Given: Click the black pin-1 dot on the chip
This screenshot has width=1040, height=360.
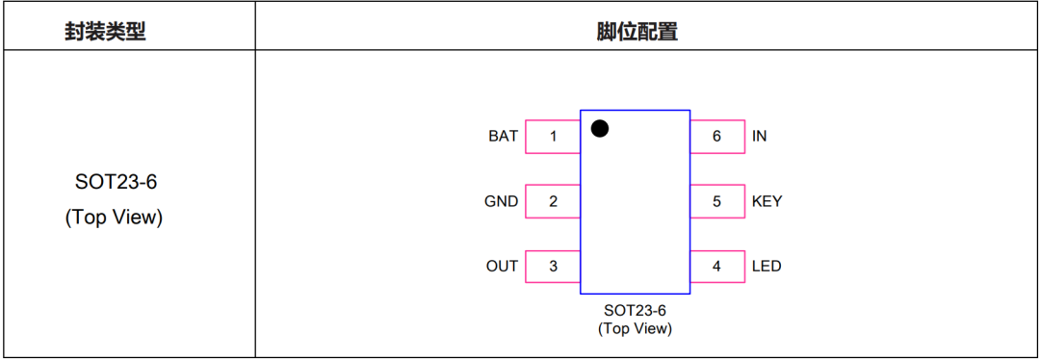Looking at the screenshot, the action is pos(600,129).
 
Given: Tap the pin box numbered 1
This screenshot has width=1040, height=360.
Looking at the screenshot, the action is pos(553,137).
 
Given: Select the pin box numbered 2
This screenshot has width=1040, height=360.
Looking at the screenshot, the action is pos(553,201).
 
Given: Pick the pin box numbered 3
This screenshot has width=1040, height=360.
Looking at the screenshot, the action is pos(553,267).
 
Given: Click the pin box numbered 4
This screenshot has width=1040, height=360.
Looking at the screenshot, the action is pos(717,267).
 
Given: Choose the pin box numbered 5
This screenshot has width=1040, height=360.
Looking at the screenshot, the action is pos(717,201).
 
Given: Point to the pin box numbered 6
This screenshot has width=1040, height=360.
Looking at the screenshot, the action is pos(717,137).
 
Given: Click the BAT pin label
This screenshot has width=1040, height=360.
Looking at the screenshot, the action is pos(503,137).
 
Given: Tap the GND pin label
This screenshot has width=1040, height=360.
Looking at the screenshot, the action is pos(502,201).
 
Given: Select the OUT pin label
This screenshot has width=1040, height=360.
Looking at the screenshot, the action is pos(502,267).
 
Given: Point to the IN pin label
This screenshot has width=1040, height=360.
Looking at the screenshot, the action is pos(760,137).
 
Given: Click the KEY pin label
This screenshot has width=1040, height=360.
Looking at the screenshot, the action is pos(767,201).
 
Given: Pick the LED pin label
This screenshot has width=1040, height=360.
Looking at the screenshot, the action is pos(767,267).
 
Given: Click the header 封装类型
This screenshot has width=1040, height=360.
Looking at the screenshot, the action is pos(105,32).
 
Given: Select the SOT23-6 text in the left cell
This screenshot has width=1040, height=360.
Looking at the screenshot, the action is pos(114,182).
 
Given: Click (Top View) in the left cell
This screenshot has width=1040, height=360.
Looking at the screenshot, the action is pos(114,219).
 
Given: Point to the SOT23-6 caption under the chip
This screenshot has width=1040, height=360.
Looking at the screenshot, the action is pos(635,310).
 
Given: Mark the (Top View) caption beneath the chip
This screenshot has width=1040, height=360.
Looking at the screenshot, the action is pos(635,328).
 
